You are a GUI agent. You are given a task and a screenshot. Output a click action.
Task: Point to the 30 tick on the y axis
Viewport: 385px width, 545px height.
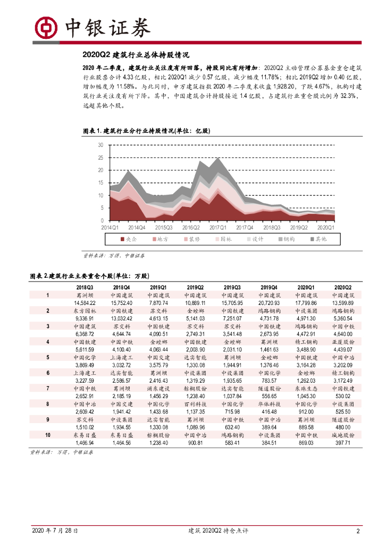101,145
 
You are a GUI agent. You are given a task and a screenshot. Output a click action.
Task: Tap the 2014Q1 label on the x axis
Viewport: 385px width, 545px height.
111,227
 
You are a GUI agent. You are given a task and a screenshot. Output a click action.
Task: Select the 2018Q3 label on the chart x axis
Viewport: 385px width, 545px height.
272,227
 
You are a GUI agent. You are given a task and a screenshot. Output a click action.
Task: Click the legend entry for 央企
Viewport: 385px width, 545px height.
132,240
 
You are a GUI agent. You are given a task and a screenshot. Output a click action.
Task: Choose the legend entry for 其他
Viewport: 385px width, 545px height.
318,240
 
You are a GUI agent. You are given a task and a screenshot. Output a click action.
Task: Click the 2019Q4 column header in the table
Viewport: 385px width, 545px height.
269,286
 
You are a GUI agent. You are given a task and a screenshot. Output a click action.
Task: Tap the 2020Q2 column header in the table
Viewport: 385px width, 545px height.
344,286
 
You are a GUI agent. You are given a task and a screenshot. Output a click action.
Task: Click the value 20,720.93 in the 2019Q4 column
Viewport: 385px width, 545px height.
269,302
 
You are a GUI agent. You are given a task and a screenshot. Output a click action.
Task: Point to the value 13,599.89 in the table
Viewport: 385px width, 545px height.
344,302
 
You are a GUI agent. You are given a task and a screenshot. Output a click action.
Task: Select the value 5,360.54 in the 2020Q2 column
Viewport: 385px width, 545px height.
344,318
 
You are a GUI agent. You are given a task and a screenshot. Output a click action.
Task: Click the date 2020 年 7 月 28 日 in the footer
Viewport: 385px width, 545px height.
55,531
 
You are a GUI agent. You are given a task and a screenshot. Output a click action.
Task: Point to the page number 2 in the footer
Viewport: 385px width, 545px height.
358,531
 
